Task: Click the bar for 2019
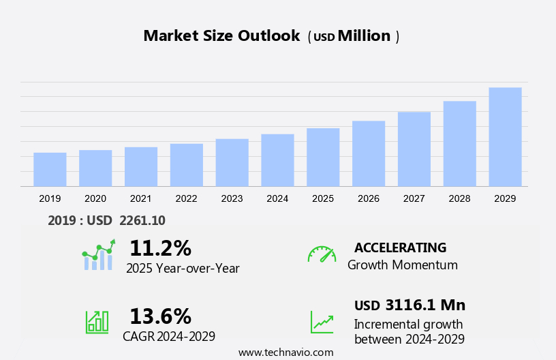pos(50,169)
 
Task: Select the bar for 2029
pos(505,137)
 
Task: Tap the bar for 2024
pos(277,160)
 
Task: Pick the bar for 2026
pos(369,153)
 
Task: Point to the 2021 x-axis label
pos(140,198)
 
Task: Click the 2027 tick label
pos(414,198)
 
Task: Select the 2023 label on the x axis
pos(232,198)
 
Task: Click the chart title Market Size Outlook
pos(221,36)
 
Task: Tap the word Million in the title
pos(364,36)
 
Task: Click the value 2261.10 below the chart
pos(142,220)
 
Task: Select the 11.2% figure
pos(160,247)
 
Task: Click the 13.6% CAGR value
pos(160,316)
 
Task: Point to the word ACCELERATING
pos(400,247)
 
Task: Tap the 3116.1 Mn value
pos(424,305)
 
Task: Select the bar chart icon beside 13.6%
pos(97,321)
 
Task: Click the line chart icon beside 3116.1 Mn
pos(322,321)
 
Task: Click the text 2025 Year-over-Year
pos(183,268)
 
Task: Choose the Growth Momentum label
pos(402,265)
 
